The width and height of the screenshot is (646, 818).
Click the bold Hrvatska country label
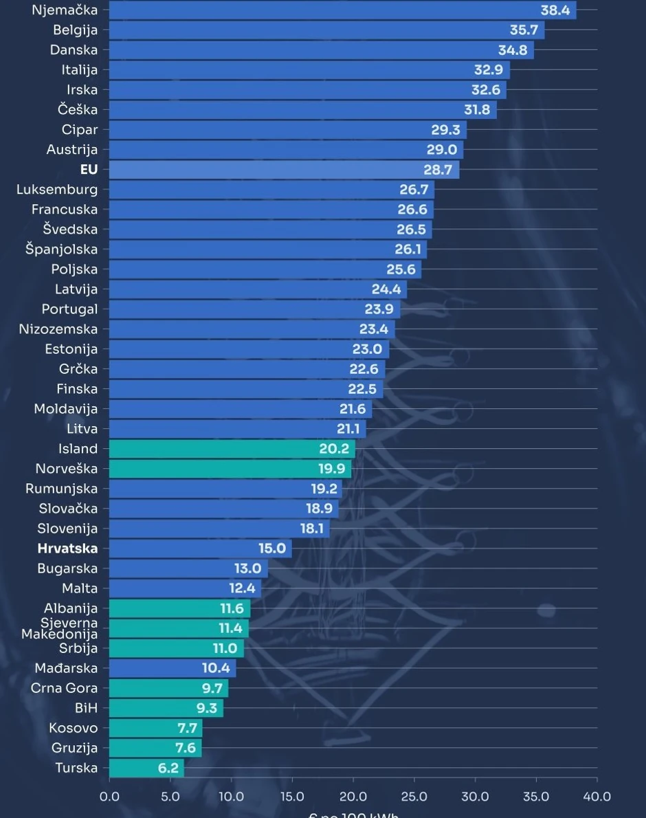(67, 549)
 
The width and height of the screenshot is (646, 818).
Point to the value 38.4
(555, 10)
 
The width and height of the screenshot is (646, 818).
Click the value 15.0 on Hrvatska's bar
(272, 549)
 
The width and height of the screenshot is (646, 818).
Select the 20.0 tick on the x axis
(353, 797)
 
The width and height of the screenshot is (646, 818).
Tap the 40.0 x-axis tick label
(597, 797)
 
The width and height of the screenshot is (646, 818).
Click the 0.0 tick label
(109, 797)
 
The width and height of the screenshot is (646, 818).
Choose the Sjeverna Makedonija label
(60, 628)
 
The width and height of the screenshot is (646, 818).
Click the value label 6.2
(168, 768)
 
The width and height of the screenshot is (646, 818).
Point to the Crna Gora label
(64, 688)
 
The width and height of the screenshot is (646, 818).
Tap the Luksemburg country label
(57, 190)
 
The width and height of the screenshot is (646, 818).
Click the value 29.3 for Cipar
(446, 130)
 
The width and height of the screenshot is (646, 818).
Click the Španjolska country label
(62, 250)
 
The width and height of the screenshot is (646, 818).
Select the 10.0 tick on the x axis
(232, 797)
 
